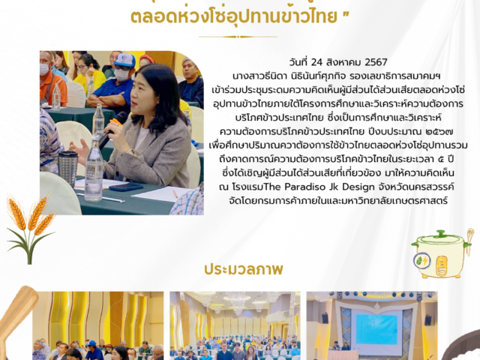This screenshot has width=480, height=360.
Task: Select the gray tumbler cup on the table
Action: tap(68, 168)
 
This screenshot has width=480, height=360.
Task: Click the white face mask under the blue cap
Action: tap(121, 74)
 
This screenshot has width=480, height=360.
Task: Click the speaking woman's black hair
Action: tap(162, 86)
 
